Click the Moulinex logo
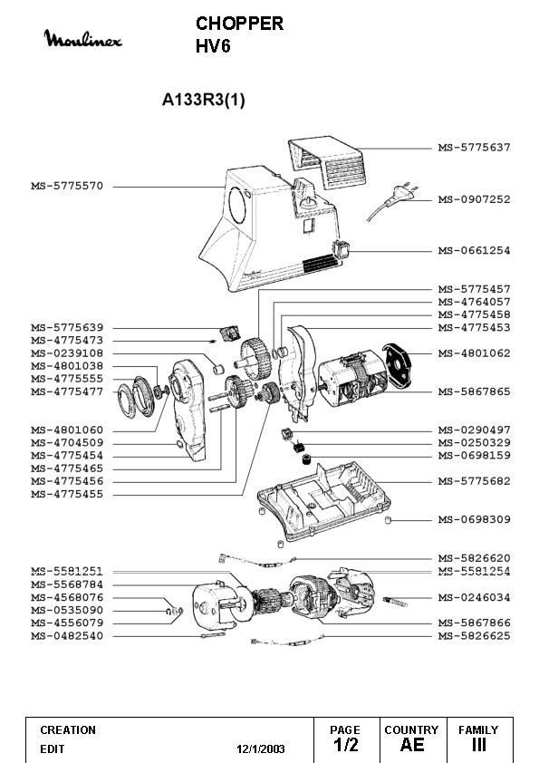click(x=82, y=38)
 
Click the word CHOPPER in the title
click(x=239, y=24)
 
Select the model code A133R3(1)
click(x=203, y=100)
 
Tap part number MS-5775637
click(x=475, y=148)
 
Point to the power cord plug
click(x=406, y=193)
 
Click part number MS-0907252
click(x=475, y=199)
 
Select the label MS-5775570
click(x=67, y=186)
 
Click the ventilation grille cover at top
click(x=326, y=161)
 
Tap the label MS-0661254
click(x=475, y=251)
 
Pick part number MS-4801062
click(x=475, y=353)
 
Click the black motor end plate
click(x=397, y=365)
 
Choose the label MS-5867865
click(x=475, y=391)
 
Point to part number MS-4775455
click(x=67, y=495)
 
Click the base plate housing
click(x=323, y=501)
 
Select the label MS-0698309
click(x=475, y=520)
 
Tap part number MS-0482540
click(x=67, y=636)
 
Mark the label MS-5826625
click(x=475, y=636)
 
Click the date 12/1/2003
click(x=261, y=749)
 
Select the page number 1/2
click(x=345, y=745)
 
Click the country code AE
click(x=412, y=745)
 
